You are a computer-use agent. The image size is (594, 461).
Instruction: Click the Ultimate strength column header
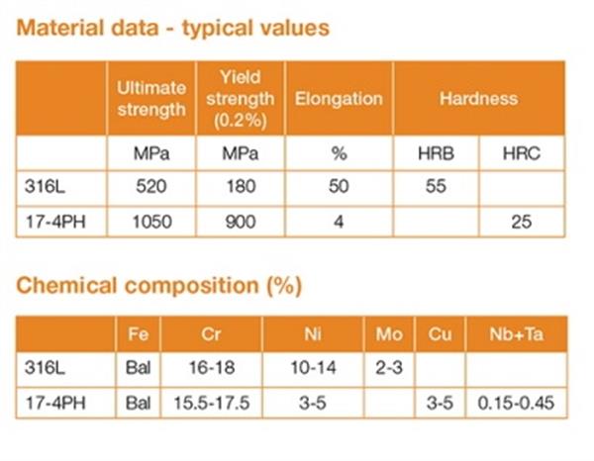click(151, 99)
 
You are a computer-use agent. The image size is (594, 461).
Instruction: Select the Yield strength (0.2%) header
click(241, 99)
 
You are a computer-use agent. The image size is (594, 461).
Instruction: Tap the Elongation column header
click(339, 99)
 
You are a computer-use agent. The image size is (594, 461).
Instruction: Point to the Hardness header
click(478, 99)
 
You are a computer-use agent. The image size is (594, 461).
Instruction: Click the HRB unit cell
click(436, 153)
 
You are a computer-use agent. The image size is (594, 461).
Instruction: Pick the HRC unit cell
click(522, 153)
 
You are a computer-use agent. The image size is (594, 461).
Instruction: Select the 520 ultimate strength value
click(151, 186)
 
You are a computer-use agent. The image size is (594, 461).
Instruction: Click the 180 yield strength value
click(241, 186)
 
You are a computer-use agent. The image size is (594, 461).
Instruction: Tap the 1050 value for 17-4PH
click(151, 222)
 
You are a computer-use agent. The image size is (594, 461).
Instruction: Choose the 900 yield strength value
click(241, 222)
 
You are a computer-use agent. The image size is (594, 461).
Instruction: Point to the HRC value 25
click(522, 222)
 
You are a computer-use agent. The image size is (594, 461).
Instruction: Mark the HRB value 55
click(436, 186)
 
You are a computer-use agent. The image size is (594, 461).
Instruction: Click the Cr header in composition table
click(211, 334)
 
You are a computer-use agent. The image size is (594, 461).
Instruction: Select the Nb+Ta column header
click(517, 334)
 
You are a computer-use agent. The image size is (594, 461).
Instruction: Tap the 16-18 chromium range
click(212, 367)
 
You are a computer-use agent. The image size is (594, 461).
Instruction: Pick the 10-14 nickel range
click(313, 367)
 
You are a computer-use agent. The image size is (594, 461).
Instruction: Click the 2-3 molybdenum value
click(389, 367)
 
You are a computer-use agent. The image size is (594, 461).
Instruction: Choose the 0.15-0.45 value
click(516, 403)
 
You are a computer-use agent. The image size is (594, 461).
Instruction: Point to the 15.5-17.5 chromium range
click(212, 403)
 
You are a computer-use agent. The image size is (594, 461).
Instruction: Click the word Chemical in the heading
click(66, 285)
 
